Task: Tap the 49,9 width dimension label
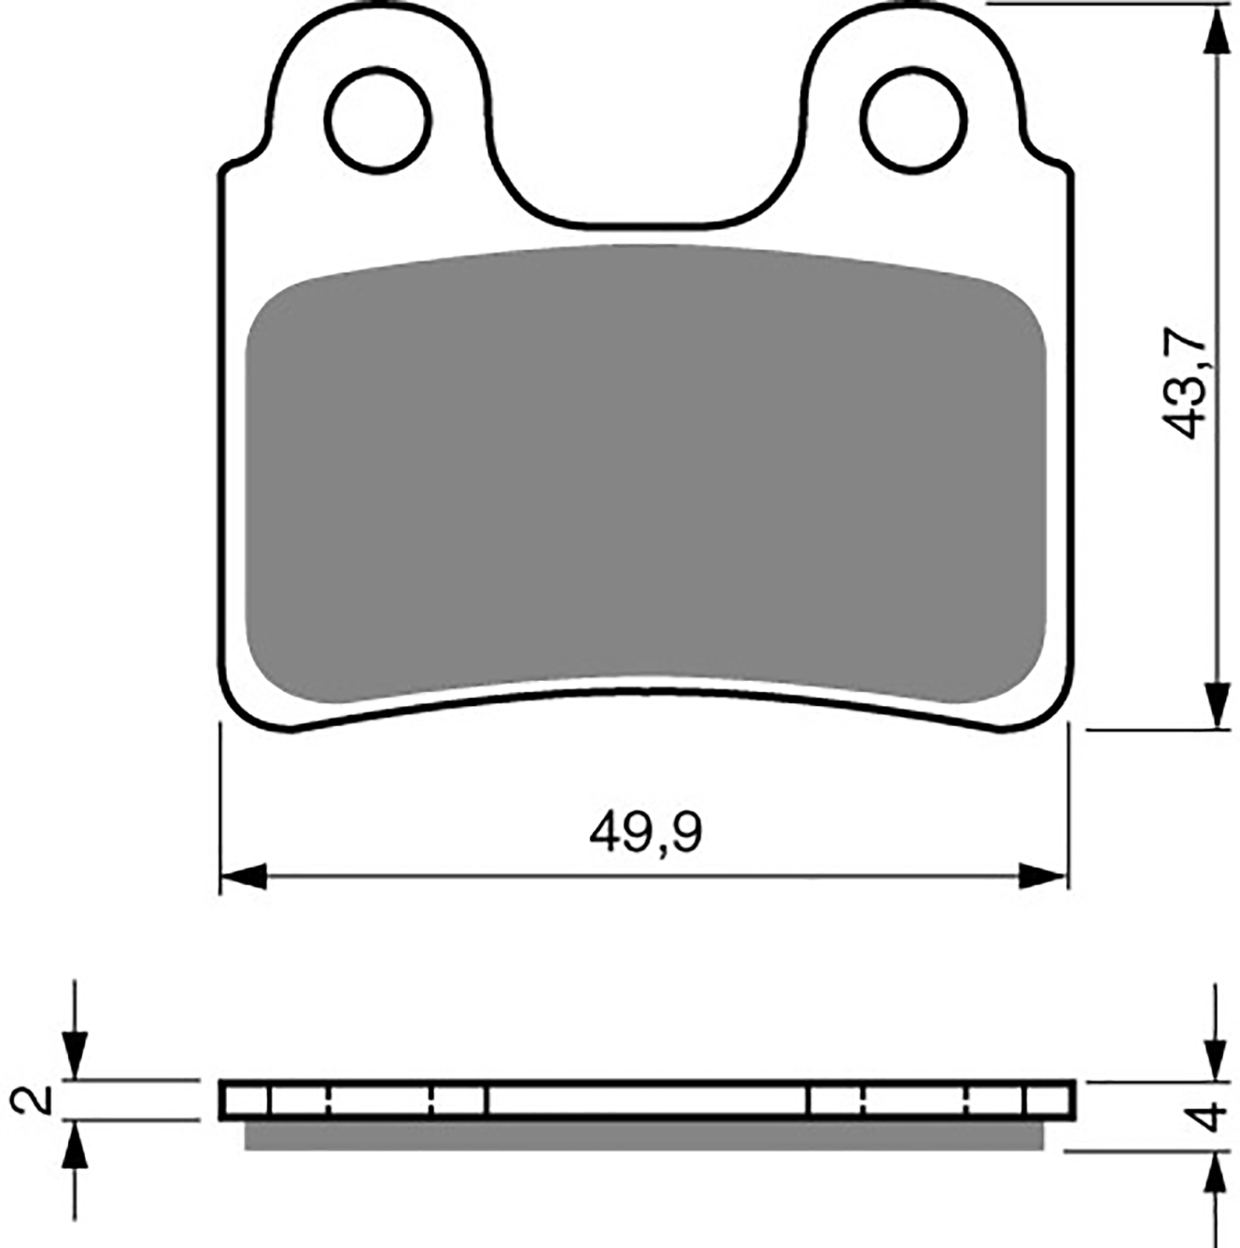click(645, 834)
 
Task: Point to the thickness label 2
click(30, 1100)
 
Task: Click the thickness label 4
click(1210, 1117)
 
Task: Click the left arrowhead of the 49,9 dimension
click(243, 876)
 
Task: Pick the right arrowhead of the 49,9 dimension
click(1043, 876)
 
